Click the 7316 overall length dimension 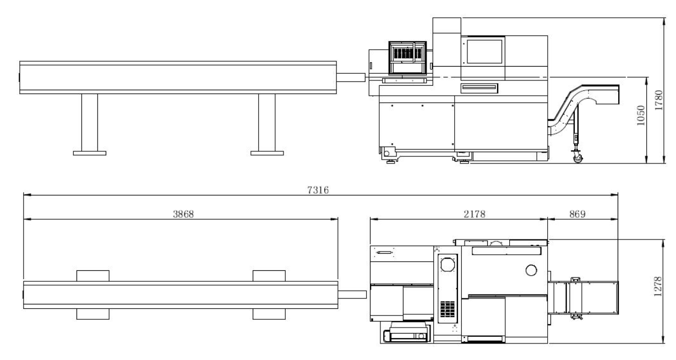tap(318, 190)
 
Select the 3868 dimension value tap(183, 214)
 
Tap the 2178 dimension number tap(475, 214)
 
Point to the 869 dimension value tap(577, 214)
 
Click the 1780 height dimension tap(659, 100)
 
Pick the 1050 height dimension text tap(641, 115)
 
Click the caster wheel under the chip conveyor tap(577, 159)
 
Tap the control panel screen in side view tap(484, 52)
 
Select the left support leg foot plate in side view tap(90, 153)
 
